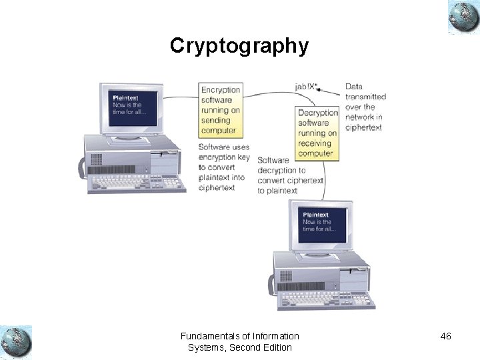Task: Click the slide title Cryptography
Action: (x=239, y=45)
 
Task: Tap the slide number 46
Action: (x=445, y=337)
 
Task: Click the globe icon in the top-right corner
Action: (x=463, y=17)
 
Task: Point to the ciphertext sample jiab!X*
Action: (x=306, y=87)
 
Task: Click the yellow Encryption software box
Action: (x=221, y=110)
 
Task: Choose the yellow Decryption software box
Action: (x=317, y=133)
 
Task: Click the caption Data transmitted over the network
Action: (x=365, y=107)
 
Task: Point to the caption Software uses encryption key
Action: (x=224, y=167)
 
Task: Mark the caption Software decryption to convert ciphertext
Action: (x=290, y=175)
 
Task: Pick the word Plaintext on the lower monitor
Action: (x=316, y=215)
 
